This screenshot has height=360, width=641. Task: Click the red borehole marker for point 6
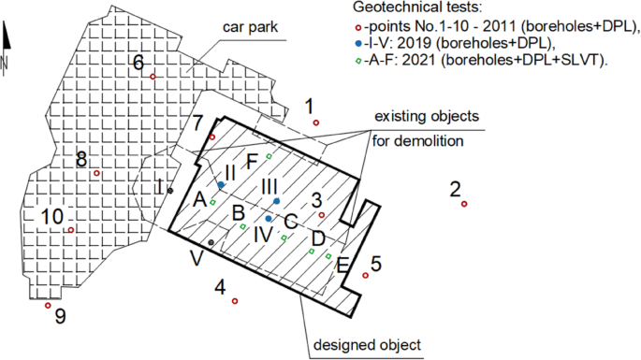tap(153, 77)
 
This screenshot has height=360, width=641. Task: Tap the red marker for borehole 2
tap(464, 204)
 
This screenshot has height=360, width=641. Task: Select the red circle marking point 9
tap(48, 305)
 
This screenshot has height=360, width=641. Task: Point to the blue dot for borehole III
tap(277, 201)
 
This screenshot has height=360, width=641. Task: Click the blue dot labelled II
tap(221, 185)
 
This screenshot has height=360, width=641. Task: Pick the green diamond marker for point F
tap(269, 156)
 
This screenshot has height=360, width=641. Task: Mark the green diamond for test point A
tap(212, 202)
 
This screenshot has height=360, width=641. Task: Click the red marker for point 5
tap(366, 276)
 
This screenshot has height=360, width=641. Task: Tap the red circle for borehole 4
tap(235, 301)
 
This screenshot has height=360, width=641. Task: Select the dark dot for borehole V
tap(211, 242)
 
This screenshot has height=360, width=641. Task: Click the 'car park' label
tap(250, 27)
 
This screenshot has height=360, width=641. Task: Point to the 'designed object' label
tap(367, 345)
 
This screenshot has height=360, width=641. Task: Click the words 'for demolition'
tap(417, 141)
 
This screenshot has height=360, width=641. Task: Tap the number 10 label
tap(51, 217)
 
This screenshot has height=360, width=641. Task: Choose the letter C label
tap(291, 222)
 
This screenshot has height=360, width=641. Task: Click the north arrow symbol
tap(6, 49)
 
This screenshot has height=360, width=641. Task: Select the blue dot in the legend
tap(358, 43)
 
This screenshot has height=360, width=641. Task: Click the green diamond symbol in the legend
tap(358, 61)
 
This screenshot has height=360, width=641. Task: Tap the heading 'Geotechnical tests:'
tap(417, 7)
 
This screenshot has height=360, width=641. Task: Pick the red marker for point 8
tap(96, 173)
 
